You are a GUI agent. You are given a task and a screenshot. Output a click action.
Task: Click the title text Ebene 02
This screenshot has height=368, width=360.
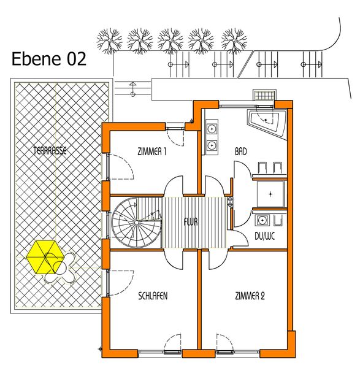click(49, 59)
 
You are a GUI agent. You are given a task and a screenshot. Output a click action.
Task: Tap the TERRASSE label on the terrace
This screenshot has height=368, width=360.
click(50, 151)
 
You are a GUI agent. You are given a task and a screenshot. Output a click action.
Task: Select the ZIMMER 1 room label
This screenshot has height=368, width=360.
click(152, 151)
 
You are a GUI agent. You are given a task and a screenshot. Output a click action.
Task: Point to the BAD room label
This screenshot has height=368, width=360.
click(241, 151)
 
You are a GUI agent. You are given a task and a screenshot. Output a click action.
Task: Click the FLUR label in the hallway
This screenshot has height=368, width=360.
click(191, 222)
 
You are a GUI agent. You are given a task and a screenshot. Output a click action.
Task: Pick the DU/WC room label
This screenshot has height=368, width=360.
click(265, 236)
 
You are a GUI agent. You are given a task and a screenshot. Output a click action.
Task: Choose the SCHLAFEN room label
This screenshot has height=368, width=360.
click(153, 296)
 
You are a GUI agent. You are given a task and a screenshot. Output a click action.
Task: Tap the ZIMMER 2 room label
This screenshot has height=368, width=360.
click(250, 296)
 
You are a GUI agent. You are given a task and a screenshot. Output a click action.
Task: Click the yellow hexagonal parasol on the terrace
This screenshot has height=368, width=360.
click(45, 257)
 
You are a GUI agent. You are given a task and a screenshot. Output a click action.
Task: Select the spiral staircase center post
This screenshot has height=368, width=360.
click(136, 222)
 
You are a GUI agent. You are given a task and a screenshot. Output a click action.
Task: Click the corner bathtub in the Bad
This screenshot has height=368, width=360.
click(267, 124)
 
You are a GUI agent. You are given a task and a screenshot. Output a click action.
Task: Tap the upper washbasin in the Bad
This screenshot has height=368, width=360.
click(212, 129)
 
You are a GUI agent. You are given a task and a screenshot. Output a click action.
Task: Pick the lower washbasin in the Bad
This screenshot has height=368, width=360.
click(212, 145)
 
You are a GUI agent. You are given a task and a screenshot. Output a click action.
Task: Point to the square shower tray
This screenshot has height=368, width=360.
click(270, 194)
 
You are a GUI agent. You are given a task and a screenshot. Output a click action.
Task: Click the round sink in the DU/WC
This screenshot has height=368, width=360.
click(261, 220)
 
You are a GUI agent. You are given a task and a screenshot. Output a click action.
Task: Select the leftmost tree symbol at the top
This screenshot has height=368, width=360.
click(109, 41)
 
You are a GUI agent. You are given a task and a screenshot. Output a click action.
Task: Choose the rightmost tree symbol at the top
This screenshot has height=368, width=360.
click(234, 41)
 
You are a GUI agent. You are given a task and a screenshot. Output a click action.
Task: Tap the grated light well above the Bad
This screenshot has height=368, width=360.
click(264, 95)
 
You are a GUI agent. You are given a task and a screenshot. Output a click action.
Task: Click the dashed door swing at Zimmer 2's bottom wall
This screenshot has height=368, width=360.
click(224, 342)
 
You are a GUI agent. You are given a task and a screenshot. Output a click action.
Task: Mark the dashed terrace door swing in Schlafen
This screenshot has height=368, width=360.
click(121, 282)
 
